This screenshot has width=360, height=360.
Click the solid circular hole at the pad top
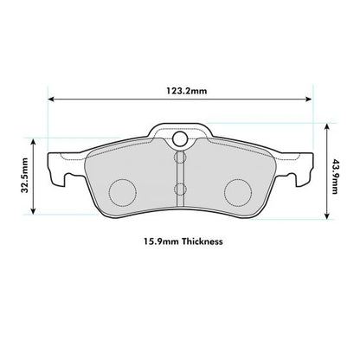click(x=180, y=141)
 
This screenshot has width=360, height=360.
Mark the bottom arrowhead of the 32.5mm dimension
click(x=32, y=212)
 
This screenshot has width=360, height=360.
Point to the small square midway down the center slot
click(x=180, y=188)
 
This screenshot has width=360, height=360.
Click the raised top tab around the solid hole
click(x=180, y=130)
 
